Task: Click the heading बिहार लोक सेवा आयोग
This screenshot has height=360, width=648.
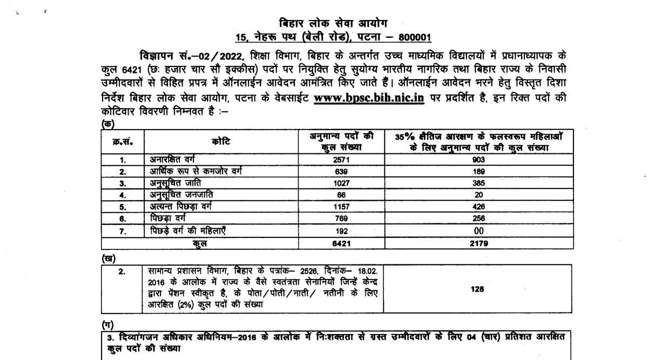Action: (333, 23)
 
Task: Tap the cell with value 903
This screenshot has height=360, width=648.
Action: (478, 160)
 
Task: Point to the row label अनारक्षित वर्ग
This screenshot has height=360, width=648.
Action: (172, 160)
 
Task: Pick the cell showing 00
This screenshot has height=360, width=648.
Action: (478, 230)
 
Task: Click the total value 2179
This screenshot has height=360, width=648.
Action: (478, 243)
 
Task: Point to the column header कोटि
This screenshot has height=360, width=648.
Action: (220, 141)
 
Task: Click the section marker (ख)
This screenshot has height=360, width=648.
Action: (109, 258)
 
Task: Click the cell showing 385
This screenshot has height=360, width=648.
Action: (478, 183)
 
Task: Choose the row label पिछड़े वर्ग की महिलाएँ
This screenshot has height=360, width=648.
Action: (187, 230)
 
